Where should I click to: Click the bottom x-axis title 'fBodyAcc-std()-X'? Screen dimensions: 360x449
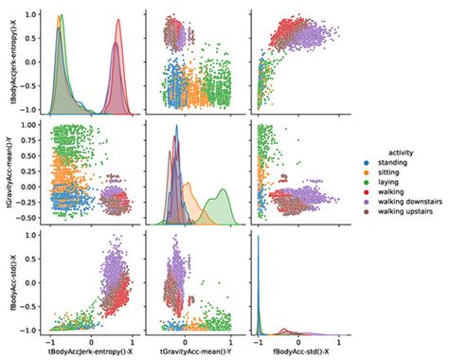301,351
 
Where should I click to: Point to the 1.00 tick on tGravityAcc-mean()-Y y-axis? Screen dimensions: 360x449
30,125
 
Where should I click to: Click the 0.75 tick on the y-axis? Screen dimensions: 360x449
30,140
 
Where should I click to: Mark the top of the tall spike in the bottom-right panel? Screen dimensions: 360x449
260,234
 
